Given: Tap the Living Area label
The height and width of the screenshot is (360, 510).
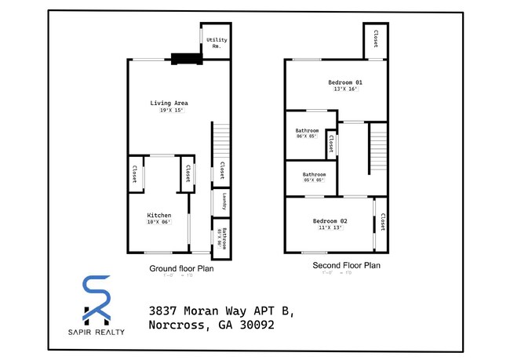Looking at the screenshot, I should (x=169, y=103).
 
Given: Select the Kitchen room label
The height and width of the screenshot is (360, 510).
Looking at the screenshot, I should (x=159, y=215).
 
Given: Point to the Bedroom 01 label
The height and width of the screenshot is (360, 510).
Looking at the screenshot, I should (x=345, y=82).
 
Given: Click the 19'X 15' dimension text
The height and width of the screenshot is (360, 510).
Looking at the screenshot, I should (x=169, y=111).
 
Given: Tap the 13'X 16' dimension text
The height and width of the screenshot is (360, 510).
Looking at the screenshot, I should (x=345, y=89).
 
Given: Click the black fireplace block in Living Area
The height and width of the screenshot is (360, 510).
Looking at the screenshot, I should (x=185, y=57).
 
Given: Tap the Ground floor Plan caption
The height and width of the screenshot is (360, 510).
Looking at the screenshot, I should (x=181, y=268).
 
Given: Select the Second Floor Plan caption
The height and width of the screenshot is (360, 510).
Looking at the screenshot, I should (x=346, y=266).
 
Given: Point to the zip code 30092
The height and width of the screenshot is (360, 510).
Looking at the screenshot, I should (x=252, y=325).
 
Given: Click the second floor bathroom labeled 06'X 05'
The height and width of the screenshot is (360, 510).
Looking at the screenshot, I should (x=307, y=134).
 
